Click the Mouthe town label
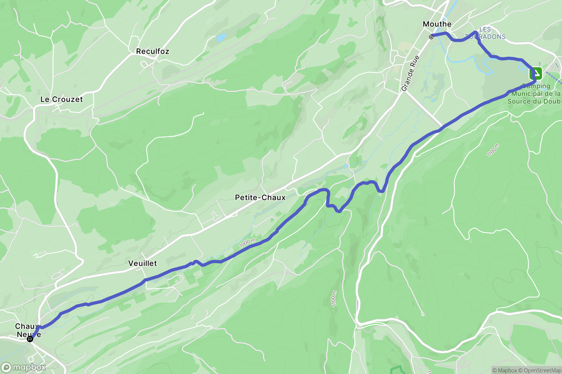click(437, 24)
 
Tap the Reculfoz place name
click(153, 51)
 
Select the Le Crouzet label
click(62, 99)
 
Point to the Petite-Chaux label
click(260, 197)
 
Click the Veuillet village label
click(142, 263)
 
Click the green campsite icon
click(536, 73)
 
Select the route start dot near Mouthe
click(431, 37)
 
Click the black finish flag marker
click(30, 339)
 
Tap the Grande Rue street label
click(410, 73)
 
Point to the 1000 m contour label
click(247, 243)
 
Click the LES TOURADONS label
click(485, 33)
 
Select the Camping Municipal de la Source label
click(535, 94)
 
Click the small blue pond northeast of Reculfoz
click(221, 37)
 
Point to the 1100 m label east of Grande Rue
click(492, 150)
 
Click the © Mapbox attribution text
click(504, 370)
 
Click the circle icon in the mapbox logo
click(6, 368)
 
